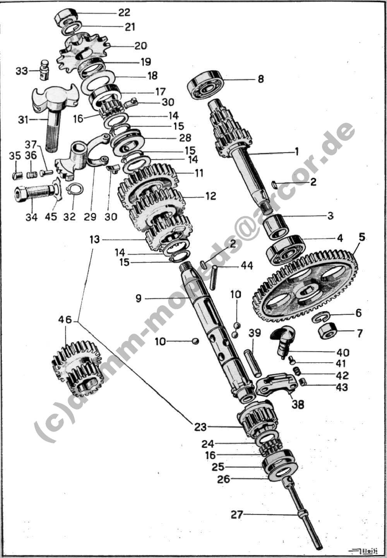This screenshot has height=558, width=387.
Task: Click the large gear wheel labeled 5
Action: point(306,282)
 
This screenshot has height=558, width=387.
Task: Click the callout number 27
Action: point(237,515)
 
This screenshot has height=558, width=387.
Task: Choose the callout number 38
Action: point(298,404)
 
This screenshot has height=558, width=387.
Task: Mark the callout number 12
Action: point(211,196)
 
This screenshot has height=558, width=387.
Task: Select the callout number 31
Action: point(23,120)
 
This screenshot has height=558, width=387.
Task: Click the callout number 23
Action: point(200,427)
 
